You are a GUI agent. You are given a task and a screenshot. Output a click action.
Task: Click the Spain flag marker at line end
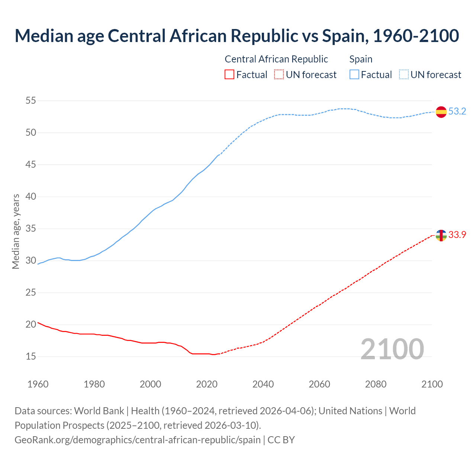441,112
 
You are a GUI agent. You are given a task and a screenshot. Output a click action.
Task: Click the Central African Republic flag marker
441,235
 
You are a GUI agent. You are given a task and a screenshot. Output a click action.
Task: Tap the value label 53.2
457,112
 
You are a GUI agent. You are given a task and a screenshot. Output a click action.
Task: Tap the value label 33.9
457,235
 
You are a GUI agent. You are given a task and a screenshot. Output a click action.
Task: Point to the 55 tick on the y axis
31,101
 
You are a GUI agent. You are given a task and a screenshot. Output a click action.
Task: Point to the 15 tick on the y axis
31,357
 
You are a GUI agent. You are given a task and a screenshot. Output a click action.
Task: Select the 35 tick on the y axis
31,229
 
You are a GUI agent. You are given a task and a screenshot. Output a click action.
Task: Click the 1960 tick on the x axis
38,384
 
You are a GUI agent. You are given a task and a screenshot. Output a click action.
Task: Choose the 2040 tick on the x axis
263,384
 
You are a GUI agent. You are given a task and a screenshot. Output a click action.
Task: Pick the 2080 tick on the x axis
376,384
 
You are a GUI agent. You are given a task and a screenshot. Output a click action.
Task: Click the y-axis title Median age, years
16,231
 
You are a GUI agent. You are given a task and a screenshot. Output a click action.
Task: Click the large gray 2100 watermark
392,349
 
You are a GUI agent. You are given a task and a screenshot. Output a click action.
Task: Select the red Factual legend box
229,75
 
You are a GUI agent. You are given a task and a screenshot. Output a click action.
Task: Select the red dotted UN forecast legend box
279,75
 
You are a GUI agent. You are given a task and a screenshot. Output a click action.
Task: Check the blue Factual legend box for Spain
354,75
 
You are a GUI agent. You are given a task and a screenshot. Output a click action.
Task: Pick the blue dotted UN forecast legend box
404,75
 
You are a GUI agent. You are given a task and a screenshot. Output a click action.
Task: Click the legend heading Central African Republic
276,59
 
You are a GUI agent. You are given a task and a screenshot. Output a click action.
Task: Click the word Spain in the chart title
342,36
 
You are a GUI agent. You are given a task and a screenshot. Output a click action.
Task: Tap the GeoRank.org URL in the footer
138,440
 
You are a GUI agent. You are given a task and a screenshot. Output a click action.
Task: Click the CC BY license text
281,440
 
